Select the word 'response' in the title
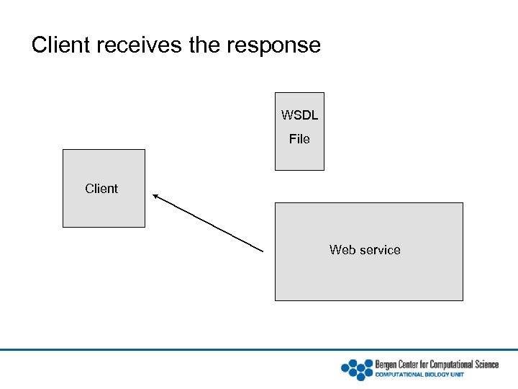tap(273, 45)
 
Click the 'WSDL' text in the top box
tap(299, 115)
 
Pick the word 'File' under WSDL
tap(299, 139)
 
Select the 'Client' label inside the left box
tap(101, 189)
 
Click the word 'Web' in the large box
tap(342, 250)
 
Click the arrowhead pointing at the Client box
tap(156, 196)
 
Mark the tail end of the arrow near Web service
tap(263, 250)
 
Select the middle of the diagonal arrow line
tap(209, 223)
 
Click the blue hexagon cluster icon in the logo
tap(356, 369)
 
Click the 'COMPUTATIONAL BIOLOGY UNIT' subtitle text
tap(419, 375)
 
